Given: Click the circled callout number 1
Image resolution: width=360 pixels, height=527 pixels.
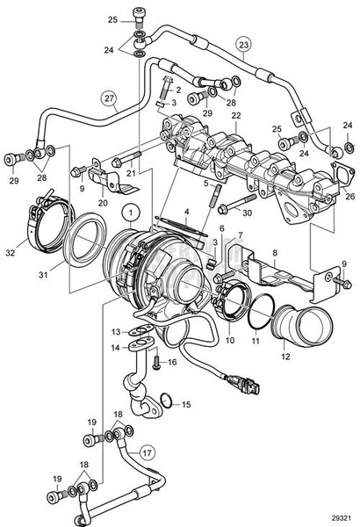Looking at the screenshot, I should [x=131, y=211].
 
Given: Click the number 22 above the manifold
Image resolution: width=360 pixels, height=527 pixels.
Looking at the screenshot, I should [x=236, y=117].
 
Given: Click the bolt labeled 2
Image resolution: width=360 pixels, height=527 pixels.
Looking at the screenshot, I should [x=165, y=88].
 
